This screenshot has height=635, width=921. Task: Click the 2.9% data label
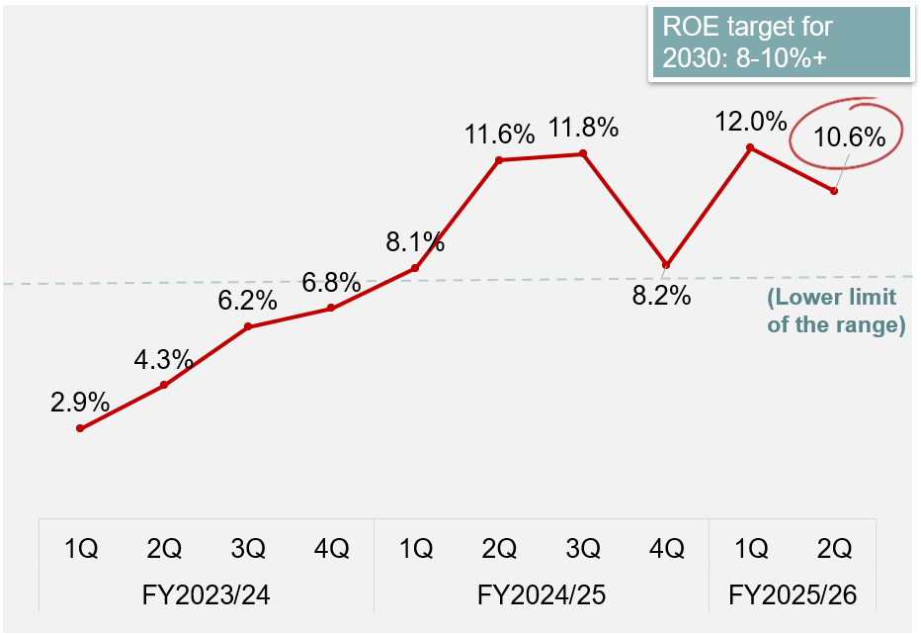point(79,403)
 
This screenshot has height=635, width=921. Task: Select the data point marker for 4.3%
point(164,385)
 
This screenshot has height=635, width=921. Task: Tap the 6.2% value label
point(247,300)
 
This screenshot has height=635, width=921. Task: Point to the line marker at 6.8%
point(331,308)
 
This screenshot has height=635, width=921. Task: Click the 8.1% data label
point(415,241)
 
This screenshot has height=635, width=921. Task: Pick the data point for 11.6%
point(499,159)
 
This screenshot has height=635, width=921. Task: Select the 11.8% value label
point(584,128)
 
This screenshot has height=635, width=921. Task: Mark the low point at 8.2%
point(667,265)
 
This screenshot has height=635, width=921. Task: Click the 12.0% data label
point(752,122)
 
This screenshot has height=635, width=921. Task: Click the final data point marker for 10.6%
point(835,191)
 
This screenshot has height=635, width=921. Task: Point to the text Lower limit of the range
point(835,311)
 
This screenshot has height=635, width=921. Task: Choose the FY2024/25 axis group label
point(541,595)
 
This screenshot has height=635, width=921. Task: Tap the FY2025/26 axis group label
point(793,595)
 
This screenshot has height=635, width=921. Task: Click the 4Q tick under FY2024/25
point(667,548)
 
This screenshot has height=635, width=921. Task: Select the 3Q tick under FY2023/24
point(247,548)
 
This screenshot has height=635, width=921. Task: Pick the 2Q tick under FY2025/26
point(835,548)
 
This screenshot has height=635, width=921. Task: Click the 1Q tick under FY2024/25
point(415,548)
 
